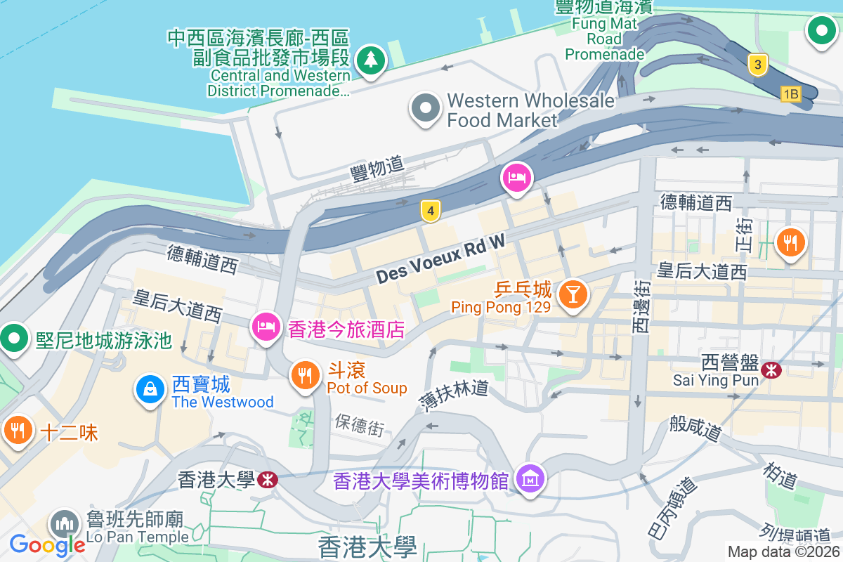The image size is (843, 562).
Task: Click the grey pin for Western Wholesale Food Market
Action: (x=425, y=109)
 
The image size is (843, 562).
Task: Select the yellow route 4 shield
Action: (x=431, y=209)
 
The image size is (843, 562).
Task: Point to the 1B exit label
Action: (x=791, y=94)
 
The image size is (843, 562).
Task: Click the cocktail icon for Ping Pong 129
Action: (x=573, y=294)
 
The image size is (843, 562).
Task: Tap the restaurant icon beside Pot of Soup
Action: (x=304, y=375)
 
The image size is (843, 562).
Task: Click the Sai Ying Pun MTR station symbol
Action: (x=771, y=369)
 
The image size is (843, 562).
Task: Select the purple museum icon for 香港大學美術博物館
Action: (x=530, y=479)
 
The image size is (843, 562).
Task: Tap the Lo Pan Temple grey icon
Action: (x=65, y=524)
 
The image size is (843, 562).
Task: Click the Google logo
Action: (x=48, y=544)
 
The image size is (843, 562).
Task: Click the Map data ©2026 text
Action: (x=784, y=552)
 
